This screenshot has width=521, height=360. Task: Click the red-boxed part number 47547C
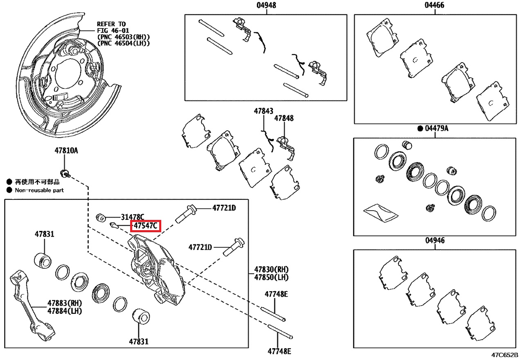point(145,226)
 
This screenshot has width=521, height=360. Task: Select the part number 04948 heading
point(266,5)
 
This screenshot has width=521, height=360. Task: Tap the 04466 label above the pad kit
point(434,5)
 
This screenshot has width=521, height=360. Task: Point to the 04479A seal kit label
point(436,129)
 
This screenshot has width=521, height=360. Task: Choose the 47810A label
point(66,151)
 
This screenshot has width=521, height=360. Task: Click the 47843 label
point(263,111)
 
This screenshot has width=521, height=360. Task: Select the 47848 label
point(284,118)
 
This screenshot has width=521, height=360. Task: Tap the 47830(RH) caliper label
point(271,269)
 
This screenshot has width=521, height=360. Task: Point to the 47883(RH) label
point(64,303)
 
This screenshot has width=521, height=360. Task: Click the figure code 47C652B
point(505,355)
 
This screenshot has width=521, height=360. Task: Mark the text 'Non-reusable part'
point(39,190)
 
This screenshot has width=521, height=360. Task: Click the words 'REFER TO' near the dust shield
point(111,24)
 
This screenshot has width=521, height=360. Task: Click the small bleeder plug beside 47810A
point(64,172)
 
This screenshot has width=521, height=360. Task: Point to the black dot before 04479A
point(420,129)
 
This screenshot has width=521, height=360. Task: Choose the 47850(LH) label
point(271,277)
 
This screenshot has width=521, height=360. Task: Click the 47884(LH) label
point(64,311)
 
